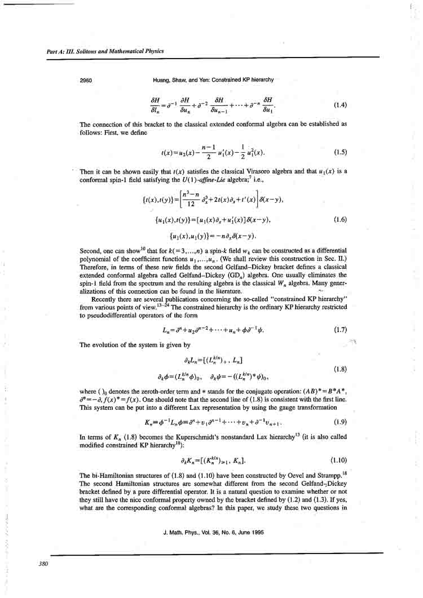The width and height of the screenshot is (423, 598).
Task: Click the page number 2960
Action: pyautogui.click(x=86, y=80)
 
